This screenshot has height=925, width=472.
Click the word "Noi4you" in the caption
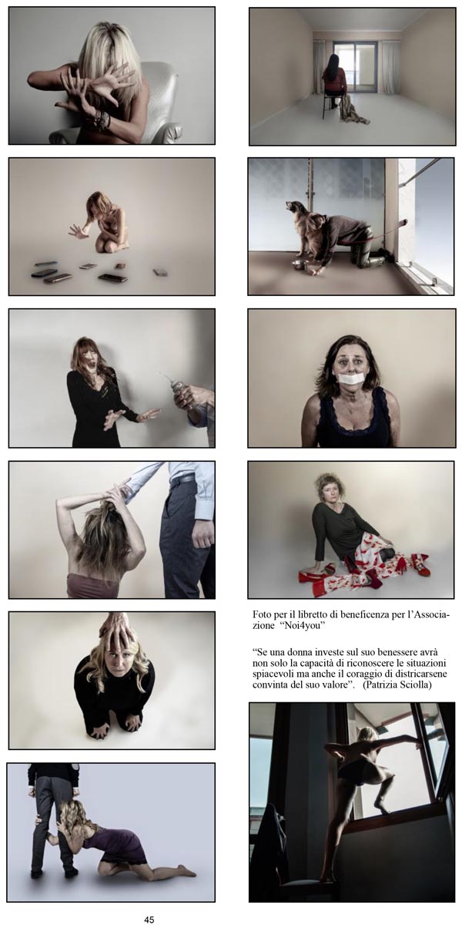300,625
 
